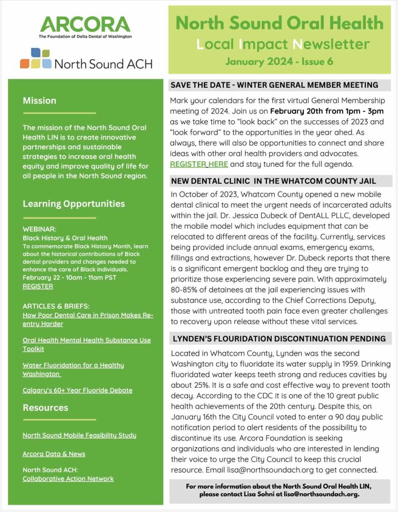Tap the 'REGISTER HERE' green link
tap(199, 164)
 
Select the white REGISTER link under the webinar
tap(38, 286)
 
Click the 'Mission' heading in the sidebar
tap(39, 101)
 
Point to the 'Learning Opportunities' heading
tap(74, 204)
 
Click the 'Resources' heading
tap(45, 408)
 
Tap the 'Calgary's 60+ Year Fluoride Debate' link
tap(77, 390)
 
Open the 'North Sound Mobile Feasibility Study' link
tap(79, 435)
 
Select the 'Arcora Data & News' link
tap(54, 454)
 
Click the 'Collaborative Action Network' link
tap(68, 479)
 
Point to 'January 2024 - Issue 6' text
tap(279, 62)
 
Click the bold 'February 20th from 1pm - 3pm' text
tap(327, 111)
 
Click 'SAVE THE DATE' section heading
tap(274, 85)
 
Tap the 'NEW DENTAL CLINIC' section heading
tap(273, 181)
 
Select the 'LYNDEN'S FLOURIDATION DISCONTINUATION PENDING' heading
tap(279, 339)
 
